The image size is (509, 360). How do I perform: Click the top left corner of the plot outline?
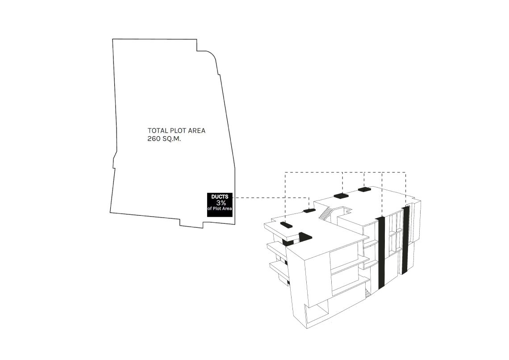[113, 39]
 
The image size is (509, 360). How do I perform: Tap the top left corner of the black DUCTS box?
[208, 193]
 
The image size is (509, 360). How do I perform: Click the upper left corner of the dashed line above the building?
[285, 172]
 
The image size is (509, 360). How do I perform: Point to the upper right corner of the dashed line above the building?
[405, 172]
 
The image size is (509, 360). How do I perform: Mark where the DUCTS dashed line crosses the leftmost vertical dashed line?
[285, 197]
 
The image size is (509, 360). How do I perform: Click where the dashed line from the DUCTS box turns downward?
[309, 197]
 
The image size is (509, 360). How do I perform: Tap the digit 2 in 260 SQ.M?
[150, 139]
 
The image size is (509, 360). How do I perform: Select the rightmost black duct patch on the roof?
[364, 189]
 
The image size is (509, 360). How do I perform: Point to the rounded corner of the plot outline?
[213, 56]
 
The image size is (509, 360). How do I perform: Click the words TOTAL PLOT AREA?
[177, 130]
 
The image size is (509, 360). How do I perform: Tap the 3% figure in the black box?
[221, 203]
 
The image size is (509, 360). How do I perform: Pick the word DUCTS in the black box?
[220, 197]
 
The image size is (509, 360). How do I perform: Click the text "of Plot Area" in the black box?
[220, 209]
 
